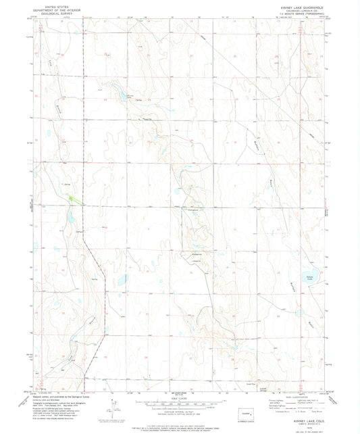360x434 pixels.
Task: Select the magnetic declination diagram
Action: coord(118,409)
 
